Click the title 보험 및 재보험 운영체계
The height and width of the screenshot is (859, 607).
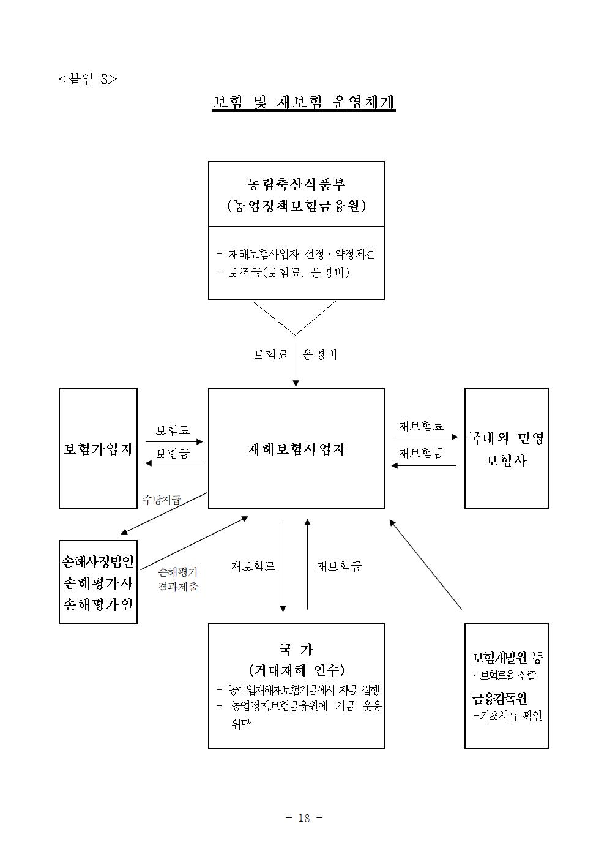click(x=304, y=102)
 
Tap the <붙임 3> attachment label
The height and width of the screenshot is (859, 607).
click(x=88, y=79)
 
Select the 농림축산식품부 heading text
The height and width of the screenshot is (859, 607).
click(x=296, y=185)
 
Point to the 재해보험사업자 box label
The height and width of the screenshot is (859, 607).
click(x=297, y=449)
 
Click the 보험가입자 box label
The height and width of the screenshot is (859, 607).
click(x=99, y=449)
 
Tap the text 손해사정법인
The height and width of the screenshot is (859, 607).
click(x=98, y=562)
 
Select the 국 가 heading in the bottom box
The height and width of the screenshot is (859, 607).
click(x=296, y=650)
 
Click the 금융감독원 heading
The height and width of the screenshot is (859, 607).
click(x=499, y=699)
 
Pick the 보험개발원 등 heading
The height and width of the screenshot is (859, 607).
click(x=507, y=658)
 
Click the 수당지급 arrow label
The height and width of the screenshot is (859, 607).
click(x=162, y=499)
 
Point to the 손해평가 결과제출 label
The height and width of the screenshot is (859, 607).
click(x=178, y=579)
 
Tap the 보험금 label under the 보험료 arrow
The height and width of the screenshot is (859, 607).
click(x=173, y=454)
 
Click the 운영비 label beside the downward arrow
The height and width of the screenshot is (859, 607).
click(x=320, y=354)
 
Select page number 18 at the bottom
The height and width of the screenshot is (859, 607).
click(x=304, y=818)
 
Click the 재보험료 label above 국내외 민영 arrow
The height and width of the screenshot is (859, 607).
click(x=421, y=426)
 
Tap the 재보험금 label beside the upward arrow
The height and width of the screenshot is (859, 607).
click(x=339, y=566)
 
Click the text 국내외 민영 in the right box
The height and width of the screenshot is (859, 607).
click(x=506, y=438)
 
